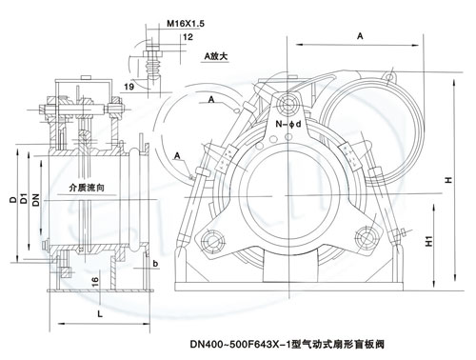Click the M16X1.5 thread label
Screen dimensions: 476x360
coord(186,23)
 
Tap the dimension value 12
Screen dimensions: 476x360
coord(188,37)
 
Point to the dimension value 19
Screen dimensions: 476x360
coord(129,87)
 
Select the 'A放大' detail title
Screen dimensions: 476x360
coord(216,56)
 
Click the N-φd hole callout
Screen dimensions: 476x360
coord(288,124)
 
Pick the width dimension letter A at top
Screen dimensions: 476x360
coord(360,36)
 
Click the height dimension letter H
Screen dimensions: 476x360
coord(448,180)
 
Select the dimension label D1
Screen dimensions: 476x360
coord(24,199)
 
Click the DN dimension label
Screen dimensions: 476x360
coord(36,200)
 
